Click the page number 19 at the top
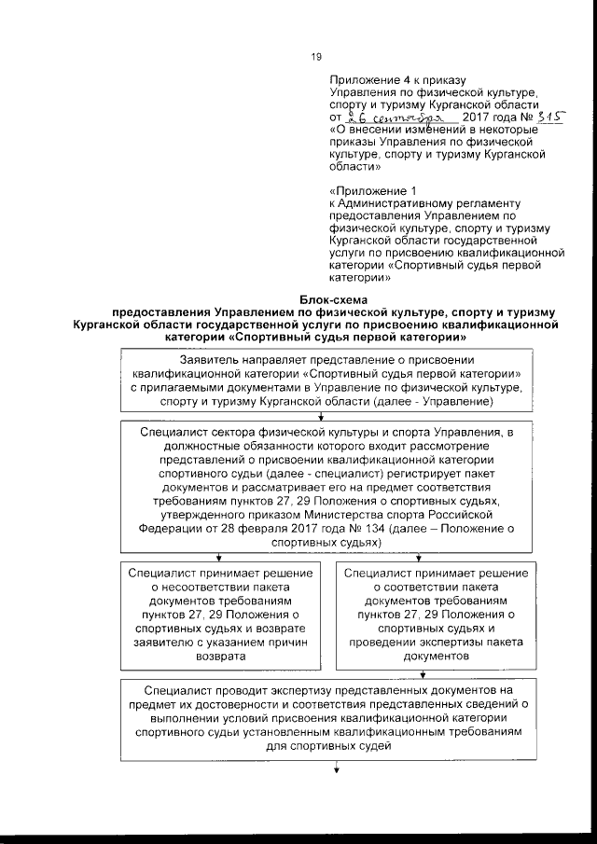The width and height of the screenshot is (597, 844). click(x=314, y=59)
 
